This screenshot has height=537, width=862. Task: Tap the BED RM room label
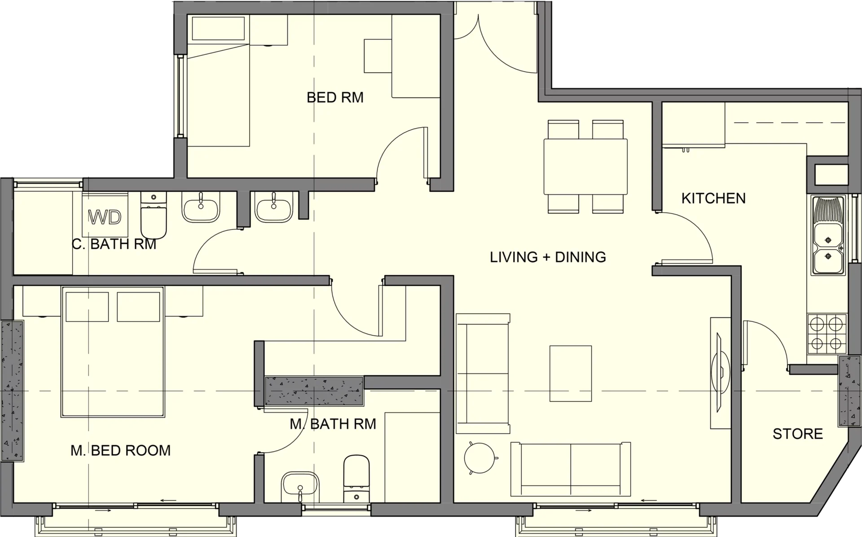[x=335, y=98]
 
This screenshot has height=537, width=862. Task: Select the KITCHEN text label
[x=713, y=198]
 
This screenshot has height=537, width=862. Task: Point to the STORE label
[x=798, y=434]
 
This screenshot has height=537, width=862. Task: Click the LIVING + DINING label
[x=548, y=257]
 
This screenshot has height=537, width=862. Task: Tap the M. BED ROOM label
[x=121, y=450]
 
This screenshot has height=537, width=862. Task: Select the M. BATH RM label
[x=333, y=424]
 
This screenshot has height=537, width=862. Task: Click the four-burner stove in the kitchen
[x=827, y=334]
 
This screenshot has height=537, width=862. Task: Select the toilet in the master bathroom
[x=356, y=479]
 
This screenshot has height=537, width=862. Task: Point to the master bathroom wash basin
[x=299, y=487]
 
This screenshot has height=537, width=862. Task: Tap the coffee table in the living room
[x=571, y=373]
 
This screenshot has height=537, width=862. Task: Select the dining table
[x=585, y=167]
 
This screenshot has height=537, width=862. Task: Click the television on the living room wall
[x=721, y=373]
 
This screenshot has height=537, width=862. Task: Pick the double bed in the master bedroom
[x=112, y=352]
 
